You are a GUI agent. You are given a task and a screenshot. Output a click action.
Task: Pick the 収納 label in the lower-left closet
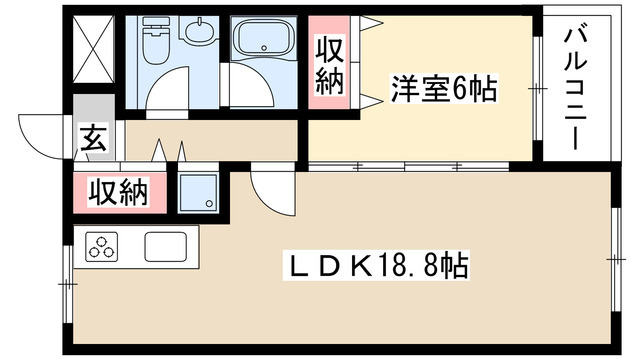(118, 190)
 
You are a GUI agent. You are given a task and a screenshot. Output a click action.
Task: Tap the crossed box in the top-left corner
(97, 48)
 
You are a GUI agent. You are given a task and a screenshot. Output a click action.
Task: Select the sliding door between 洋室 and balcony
(538, 90)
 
